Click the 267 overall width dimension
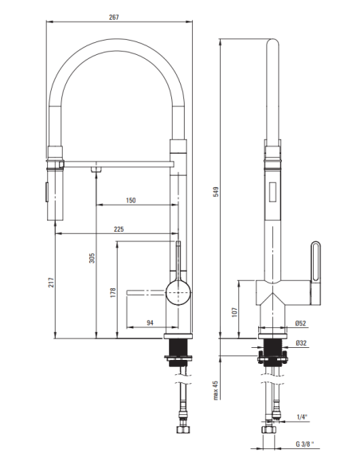tap(114, 18)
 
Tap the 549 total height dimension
tap(216, 192)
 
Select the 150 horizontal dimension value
tap(131, 201)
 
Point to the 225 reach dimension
tap(119, 229)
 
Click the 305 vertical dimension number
tap(92, 258)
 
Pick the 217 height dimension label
tap(51, 283)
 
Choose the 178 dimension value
tap(112, 292)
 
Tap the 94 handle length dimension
tap(151, 322)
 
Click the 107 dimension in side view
tap(235, 312)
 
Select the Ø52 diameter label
tap(301, 323)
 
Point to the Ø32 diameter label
tap(301, 343)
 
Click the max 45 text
tap(216, 390)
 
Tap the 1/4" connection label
tap(302, 417)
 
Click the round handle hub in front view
tap(178, 292)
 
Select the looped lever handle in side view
tap(315, 273)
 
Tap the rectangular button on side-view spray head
tap(273, 192)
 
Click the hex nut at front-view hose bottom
tap(182, 429)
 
